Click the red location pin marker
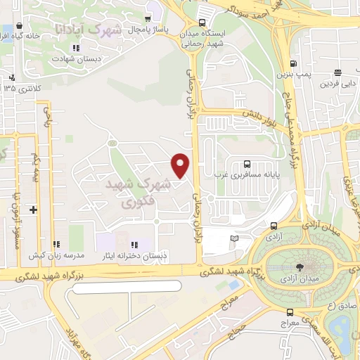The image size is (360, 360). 181,165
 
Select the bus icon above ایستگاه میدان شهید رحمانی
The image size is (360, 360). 202,21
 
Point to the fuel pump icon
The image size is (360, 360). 302,62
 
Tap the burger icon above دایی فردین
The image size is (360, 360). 338,73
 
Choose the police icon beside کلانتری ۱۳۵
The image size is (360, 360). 11,77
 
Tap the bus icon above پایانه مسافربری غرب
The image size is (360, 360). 245,163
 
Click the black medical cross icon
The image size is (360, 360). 33,209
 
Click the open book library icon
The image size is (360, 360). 235,238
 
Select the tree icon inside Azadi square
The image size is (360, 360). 301,266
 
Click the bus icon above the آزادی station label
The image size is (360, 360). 274,226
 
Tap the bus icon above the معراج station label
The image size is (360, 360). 289,312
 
